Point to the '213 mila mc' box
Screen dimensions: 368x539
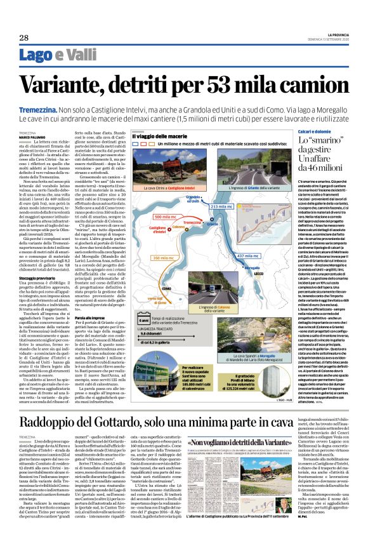222,207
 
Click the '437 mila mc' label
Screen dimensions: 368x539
249,237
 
